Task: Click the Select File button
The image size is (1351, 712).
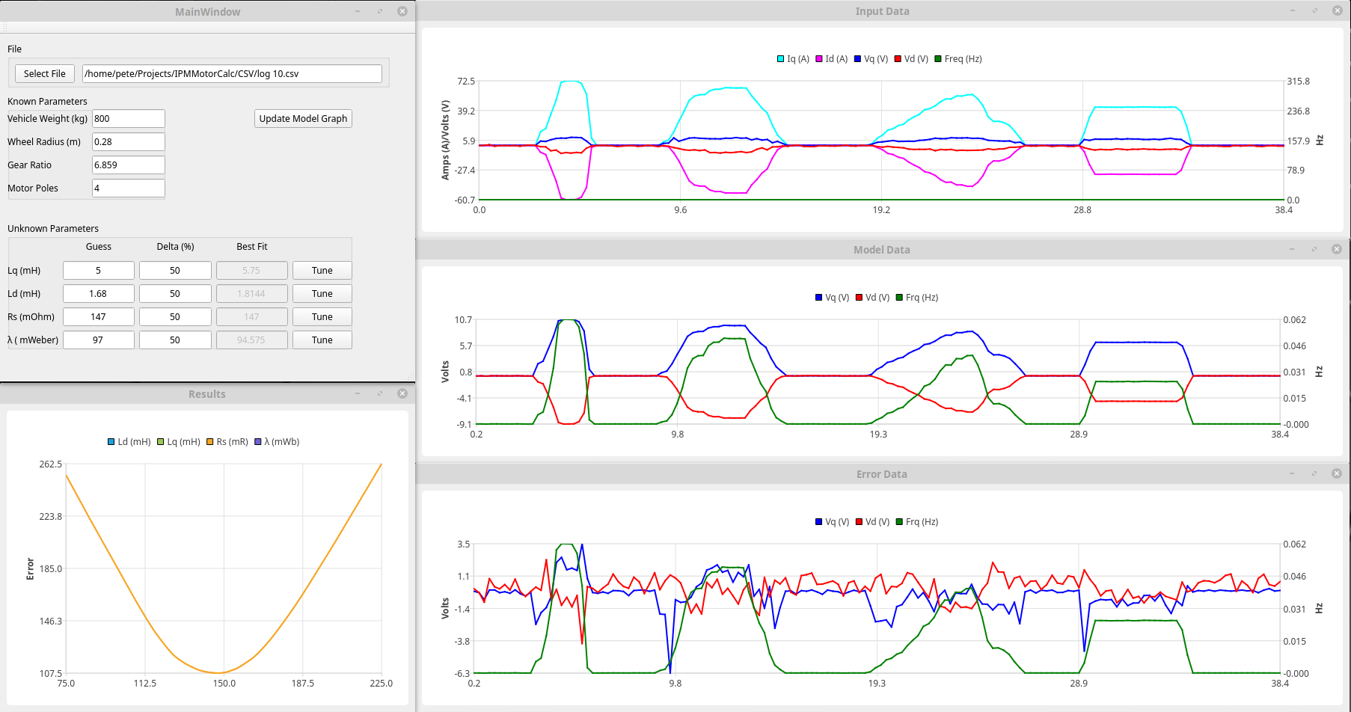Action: (44, 73)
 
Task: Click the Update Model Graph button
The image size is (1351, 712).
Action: (303, 118)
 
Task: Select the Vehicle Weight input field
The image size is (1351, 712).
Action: (128, 118)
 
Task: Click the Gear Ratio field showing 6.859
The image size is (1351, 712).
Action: (128, 165)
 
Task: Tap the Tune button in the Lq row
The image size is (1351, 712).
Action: (322, 270)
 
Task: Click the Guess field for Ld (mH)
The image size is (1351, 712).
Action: (98, 293)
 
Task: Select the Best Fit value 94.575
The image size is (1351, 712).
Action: (251, 340)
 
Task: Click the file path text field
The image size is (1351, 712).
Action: (232, 73)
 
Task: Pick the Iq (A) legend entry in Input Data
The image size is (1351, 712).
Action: (793, 58)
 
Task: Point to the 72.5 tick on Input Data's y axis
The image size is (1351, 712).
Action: (466, 81)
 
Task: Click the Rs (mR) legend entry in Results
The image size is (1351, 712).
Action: (227, 441)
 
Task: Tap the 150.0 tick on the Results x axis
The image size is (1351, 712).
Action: (224, 683)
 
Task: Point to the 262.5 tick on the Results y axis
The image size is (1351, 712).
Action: (51, 464)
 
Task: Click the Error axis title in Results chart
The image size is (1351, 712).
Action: (30, 568)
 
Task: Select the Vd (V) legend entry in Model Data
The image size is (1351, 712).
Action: (872, 297)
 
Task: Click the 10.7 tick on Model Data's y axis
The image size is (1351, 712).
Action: (463, 319)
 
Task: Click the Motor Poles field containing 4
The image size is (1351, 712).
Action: (128, 188)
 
